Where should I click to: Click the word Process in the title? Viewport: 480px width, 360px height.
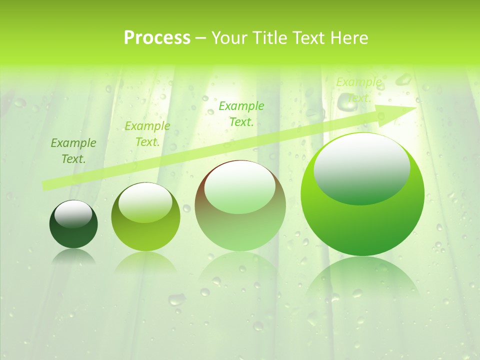[157, 38]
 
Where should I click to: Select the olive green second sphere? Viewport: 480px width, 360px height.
[145, 235]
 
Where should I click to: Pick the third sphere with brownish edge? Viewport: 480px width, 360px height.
[240, 230]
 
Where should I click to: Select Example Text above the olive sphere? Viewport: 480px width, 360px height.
[147, 134]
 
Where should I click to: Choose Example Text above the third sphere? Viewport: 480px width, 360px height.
[241, 113]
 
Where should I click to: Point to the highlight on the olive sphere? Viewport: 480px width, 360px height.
[145, 201]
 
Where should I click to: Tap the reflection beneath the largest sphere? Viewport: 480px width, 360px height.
[362, 277]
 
